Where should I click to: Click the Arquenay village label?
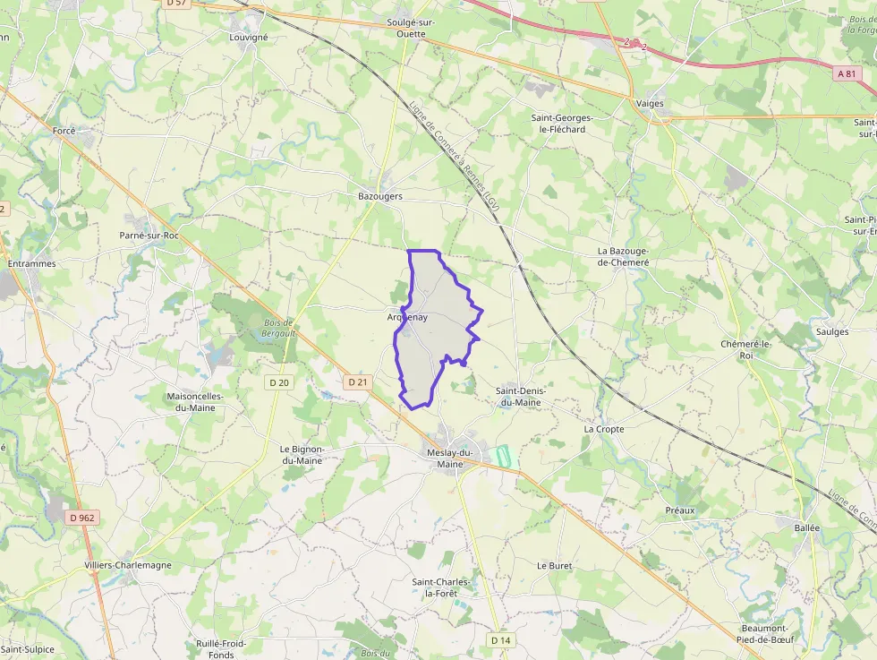point(407,317)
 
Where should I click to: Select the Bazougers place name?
point(380,196)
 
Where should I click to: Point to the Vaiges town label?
point(650,104)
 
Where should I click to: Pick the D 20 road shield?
point(279,382)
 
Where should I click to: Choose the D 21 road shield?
point(357,382)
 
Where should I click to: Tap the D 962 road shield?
point(81,518)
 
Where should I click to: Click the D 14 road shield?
point(500,640)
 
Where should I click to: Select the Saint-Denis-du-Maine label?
point(519,397)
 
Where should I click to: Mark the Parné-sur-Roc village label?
point(149,235)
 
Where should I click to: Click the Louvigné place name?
point(249,38)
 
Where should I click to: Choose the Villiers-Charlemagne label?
point(128,566)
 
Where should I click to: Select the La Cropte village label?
point(604,429)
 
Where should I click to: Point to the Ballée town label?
point(806,528)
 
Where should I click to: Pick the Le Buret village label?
point(554,566)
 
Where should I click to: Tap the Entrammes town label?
point(31,264)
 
